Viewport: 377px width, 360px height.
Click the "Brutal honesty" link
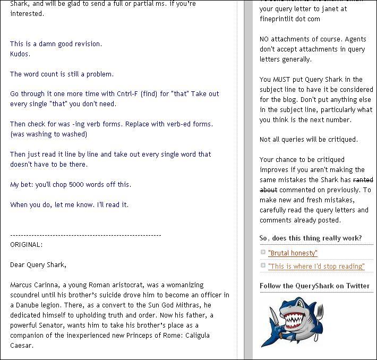[293, 253]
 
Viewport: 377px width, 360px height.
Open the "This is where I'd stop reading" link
[316, 266]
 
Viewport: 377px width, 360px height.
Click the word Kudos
[20, 54]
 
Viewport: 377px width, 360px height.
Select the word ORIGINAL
[25, 244]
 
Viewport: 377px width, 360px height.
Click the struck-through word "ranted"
[363, 180]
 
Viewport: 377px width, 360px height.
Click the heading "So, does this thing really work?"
[311, 238]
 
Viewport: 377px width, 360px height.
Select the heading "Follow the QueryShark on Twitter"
[314, 286]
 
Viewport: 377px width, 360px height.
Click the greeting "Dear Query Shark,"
[38, 264]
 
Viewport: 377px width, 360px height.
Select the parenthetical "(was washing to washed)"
[48, 134]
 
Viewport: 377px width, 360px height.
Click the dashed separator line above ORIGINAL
[85, 235]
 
